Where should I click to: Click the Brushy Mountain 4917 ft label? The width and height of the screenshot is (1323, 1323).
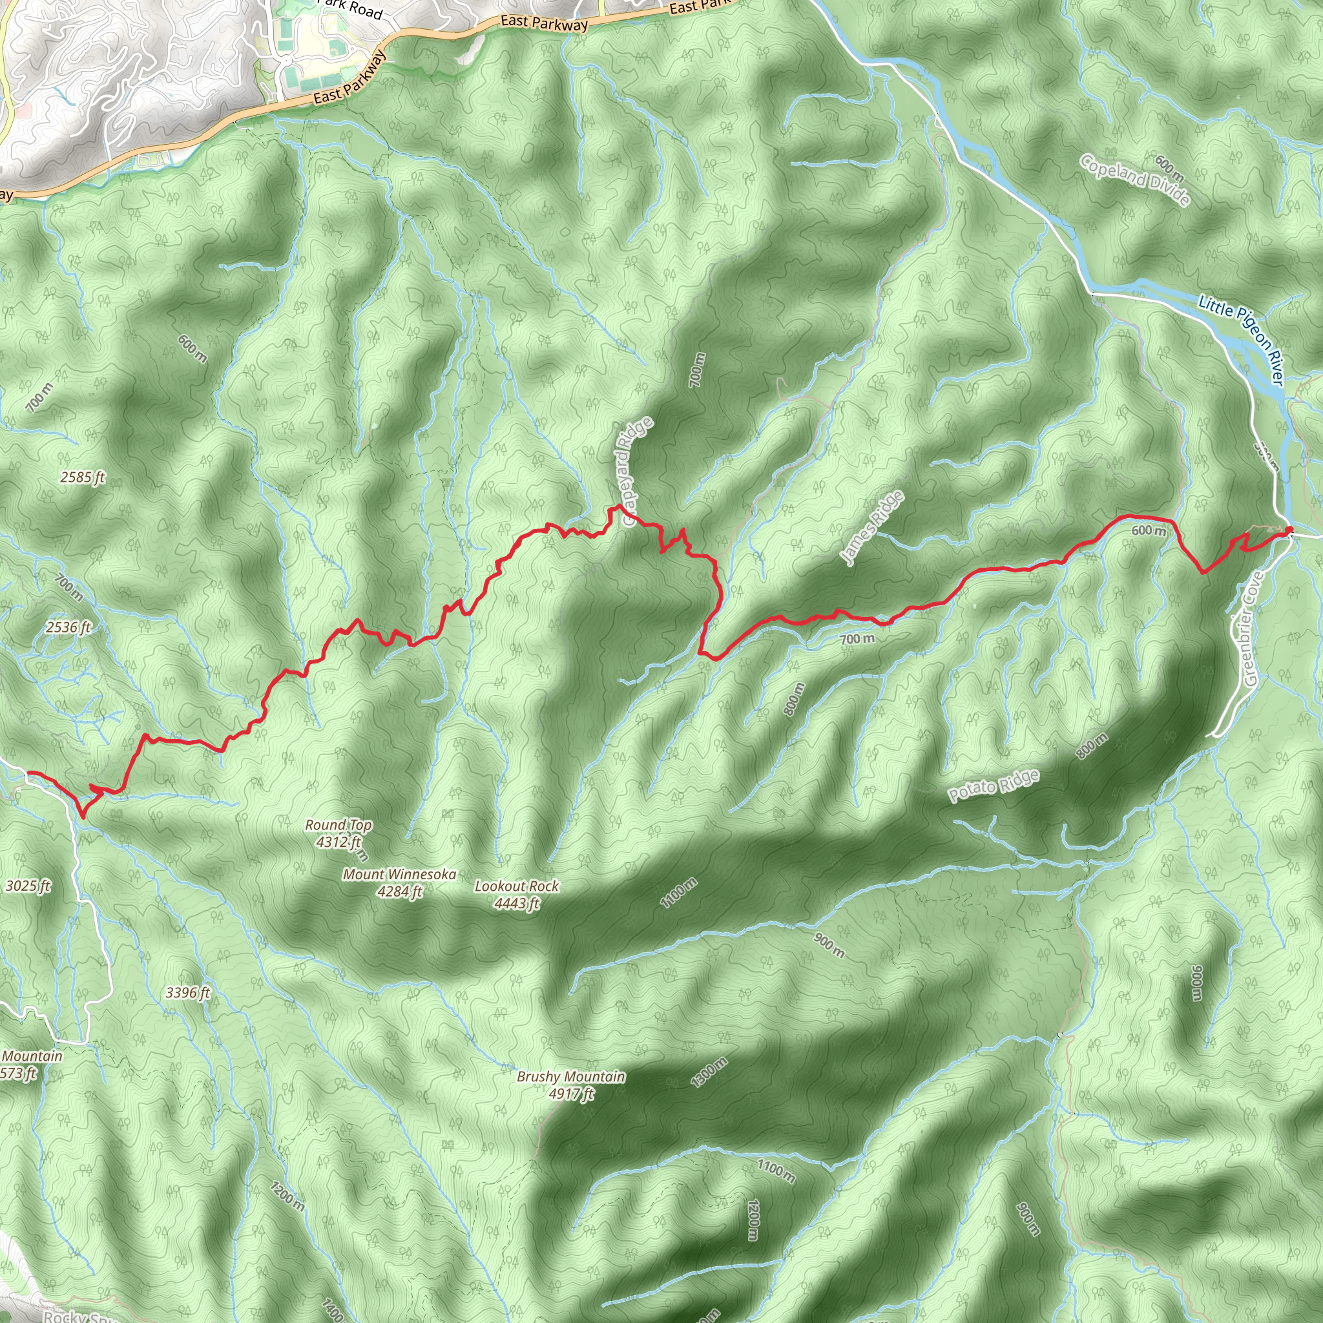tap(570, 1085)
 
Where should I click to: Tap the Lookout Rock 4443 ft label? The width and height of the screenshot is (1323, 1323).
tap(516, 894)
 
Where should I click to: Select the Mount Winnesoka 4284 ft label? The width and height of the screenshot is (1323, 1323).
tap(399, 882)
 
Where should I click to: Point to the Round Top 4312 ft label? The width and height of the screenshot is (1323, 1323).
tap(339, 833)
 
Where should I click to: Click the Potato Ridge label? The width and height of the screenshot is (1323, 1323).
tap(994, 786)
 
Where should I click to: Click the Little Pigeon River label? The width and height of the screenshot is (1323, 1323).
tap(1240, 339)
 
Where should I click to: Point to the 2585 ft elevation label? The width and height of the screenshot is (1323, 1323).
tap(82, 477)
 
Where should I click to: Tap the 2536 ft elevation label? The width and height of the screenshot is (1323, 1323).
tap(68, 627)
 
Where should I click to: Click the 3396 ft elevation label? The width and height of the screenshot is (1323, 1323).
tap(187, 992)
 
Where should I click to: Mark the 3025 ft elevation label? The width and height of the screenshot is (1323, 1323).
tap(27, 886)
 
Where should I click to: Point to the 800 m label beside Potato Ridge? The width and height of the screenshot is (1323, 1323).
tap(1092, 745)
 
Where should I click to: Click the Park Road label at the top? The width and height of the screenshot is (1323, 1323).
tap(353, 8)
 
